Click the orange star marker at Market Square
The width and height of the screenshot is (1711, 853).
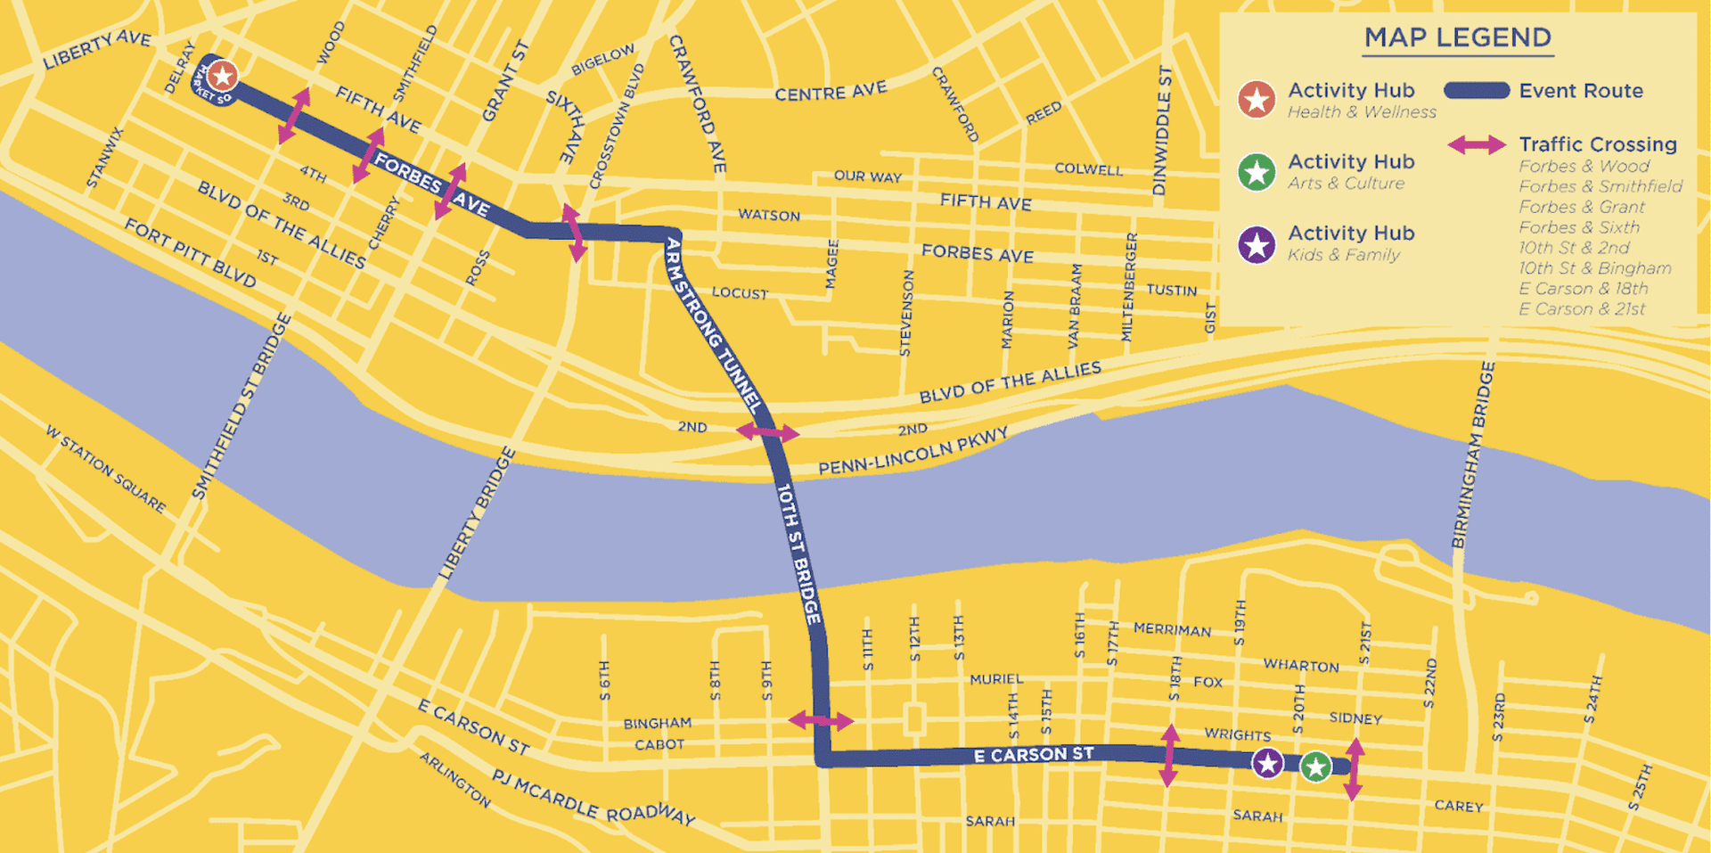point(223,76)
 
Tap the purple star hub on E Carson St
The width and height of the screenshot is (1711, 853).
point(1267,763)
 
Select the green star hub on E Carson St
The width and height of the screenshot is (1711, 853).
point(1315,767)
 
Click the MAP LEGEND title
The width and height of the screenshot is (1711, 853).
point(1457,37)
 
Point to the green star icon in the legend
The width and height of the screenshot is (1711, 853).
point(1257,172)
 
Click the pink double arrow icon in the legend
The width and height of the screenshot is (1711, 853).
point(1476,145)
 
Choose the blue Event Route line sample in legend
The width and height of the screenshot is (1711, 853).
point(1476,91)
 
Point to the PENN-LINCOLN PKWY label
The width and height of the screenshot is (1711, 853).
point(913,451)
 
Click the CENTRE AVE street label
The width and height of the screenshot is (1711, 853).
point(831,92)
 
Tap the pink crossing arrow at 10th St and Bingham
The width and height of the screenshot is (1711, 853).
point(821,720)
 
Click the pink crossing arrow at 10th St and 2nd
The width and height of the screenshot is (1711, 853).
point(767,432)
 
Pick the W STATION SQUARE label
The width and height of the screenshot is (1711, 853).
point(105,469)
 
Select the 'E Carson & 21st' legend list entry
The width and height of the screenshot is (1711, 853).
point(1582,309)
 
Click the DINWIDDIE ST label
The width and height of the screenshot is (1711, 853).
point(1162,131)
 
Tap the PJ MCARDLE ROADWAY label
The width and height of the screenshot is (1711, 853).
point(593,796)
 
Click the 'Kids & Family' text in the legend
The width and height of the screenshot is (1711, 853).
point(1343,255)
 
